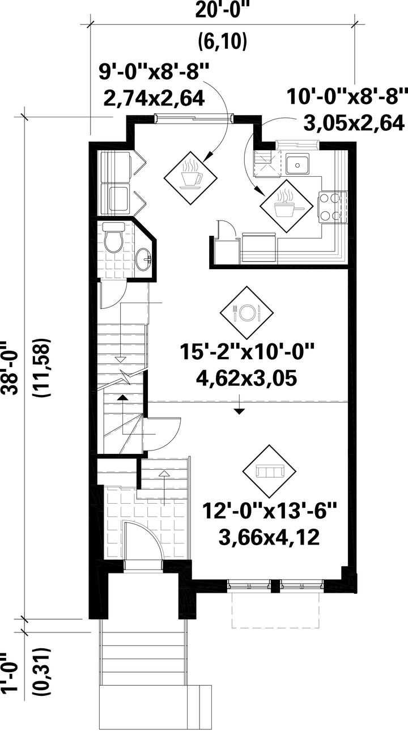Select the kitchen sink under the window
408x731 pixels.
tap(297, 165)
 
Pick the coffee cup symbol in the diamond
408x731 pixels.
tap(191, 175)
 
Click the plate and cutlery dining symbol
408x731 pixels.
tap(246, 312)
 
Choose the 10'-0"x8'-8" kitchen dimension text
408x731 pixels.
tap(347, 95)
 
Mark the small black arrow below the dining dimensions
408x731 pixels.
tap(240, 411)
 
